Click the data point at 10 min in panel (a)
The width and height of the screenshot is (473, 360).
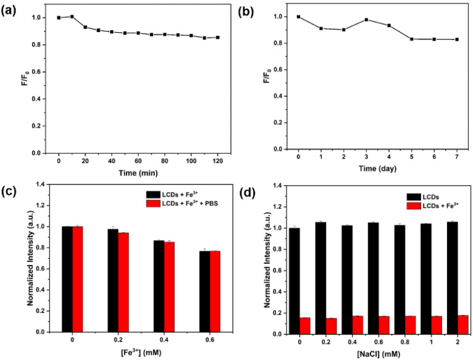tap(72, 17)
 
